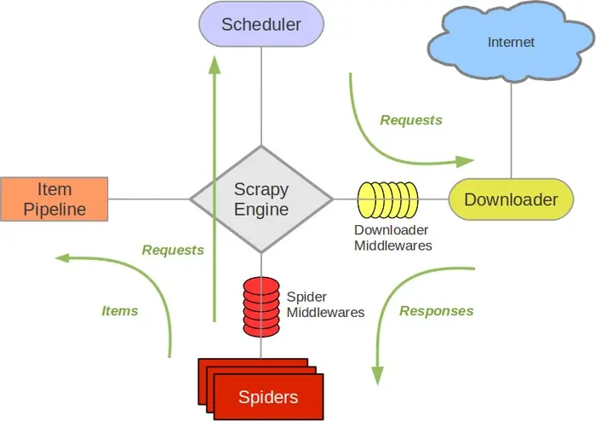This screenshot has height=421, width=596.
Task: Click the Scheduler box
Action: coord(261,24)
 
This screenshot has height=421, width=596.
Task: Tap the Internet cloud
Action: coord(511,42)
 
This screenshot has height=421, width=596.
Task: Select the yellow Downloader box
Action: coord(511,200)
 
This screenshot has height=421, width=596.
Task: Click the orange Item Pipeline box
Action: coord(54,199)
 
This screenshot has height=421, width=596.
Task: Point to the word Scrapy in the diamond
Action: coord(261,189)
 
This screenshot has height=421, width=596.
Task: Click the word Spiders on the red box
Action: coord(268,396)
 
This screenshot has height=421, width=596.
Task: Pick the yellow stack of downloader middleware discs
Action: coord(387,200)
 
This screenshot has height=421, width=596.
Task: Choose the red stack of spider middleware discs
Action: coord(261,303)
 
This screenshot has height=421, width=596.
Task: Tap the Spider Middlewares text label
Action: coord(325,305)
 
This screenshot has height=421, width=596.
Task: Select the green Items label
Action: coord(120,311)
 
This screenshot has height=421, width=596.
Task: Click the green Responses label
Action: coord(437,311)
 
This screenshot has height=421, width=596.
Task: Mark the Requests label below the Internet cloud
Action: coord(411,120)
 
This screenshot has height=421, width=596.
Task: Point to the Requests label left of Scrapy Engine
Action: coord(173,250)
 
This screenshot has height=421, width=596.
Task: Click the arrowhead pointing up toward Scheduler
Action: coord(214,66)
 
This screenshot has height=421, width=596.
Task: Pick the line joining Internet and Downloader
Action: coord(511,128)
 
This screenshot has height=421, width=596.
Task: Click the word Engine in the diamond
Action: coord(261,209)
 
